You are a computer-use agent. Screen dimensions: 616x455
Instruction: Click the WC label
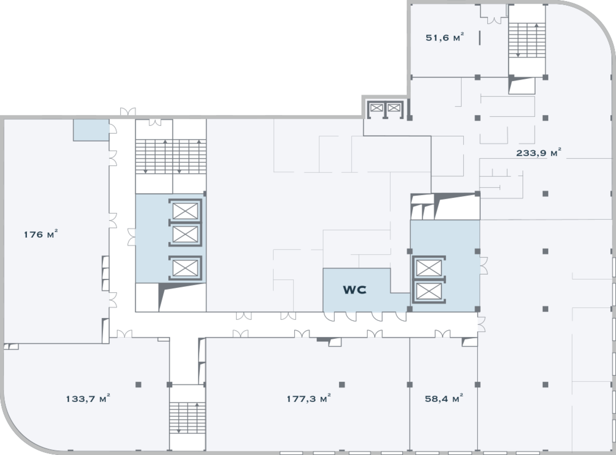(x=355, y=290)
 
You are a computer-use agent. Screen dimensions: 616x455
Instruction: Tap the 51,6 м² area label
(x=444, y=37)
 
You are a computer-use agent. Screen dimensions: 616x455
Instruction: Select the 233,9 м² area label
(x=539, y=153)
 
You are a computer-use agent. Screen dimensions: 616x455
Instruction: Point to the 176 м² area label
(x=41, y=234)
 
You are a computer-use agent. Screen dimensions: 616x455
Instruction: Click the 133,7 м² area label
(x=88, y=399)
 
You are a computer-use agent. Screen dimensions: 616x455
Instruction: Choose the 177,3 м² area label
(x=308, y=399)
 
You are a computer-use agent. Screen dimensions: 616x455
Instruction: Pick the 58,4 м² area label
(x=444, y=399)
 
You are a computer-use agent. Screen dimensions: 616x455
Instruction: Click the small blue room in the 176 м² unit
(x=91, y=130)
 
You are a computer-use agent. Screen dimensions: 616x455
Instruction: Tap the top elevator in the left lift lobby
(x=185, y=211)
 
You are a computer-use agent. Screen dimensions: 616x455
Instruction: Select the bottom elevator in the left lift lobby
(x=185, y=268)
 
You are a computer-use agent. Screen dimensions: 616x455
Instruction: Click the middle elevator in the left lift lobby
(x=185, y=234)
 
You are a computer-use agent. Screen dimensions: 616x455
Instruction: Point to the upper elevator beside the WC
(x=429, y=268)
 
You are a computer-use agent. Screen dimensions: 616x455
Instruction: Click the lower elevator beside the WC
(x=429, y=291)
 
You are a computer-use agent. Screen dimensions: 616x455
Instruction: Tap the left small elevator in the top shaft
(x=376, y=108)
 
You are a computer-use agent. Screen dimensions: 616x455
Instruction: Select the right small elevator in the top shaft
(x=394, y=108)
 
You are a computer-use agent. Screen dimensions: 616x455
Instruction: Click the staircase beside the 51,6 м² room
(x=527, y=40)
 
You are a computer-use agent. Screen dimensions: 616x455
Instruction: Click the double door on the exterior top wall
(x=128, y=112)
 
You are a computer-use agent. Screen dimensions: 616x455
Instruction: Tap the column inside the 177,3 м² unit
(x=342, y=385)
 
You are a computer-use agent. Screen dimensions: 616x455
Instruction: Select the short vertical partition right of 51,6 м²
(x=480, y=38)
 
